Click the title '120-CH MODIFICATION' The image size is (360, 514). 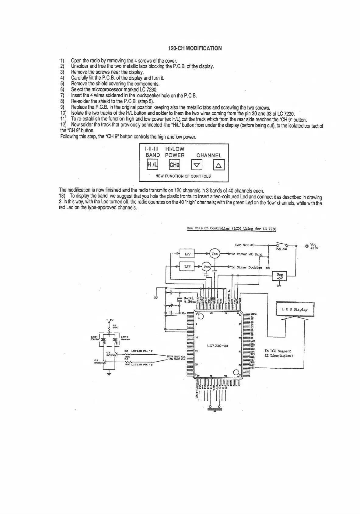click(x=195, y=48)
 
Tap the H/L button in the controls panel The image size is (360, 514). click(x=152, y=165)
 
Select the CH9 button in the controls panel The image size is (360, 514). click(x=175, y=165)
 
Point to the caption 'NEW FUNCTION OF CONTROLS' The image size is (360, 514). click(x=183, y=176)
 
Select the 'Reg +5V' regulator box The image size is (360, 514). click(x=279, y=276)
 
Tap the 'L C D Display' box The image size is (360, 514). click(x=295, y=309)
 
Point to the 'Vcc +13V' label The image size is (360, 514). click(x=314, y=246)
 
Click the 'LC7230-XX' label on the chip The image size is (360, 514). click(x=218, y=346)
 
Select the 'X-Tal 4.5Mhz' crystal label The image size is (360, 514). click(x=190, y=300)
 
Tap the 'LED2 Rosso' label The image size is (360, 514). click(x=125, y=338)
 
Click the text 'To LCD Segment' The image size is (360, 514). click(x=278, y=351)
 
